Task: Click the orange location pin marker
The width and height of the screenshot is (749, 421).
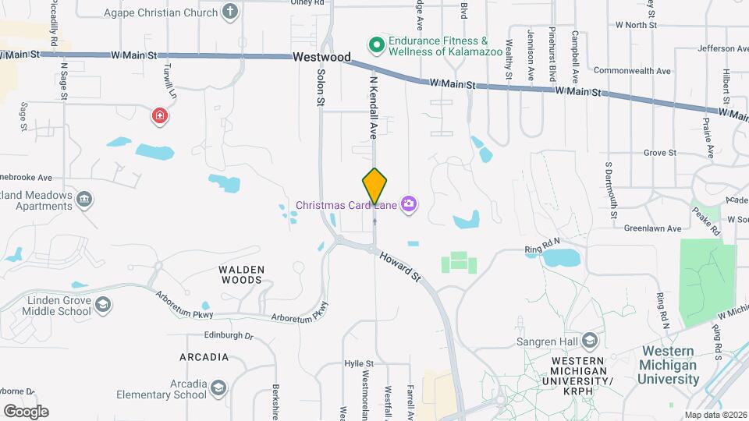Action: [x=374, y=186]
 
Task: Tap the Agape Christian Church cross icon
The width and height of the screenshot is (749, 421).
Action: [x=229, y=12]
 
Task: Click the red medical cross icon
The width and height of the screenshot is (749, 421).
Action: [x=160, y=116]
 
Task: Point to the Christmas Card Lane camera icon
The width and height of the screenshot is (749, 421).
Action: [x=408, y=205]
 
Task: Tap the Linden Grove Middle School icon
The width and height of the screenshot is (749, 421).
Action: [x=103, y=306]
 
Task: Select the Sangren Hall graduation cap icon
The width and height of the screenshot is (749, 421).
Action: [x=590, y=341]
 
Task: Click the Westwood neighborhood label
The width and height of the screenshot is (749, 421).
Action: [x=321, y=57]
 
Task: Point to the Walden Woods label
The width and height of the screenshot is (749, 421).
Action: [x=242, y=274]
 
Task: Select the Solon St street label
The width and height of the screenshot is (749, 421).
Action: [x=321, y=87]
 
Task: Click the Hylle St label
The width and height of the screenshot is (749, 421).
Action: [x=360, y=363]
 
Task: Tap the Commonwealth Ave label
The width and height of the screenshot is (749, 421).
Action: [x=632, y=71]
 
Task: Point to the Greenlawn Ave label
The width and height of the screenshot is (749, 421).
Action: [x=653, y=228]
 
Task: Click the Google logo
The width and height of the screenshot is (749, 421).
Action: [x=27, y=411]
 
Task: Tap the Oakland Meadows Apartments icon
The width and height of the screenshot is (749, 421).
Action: [x=84, y=201]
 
